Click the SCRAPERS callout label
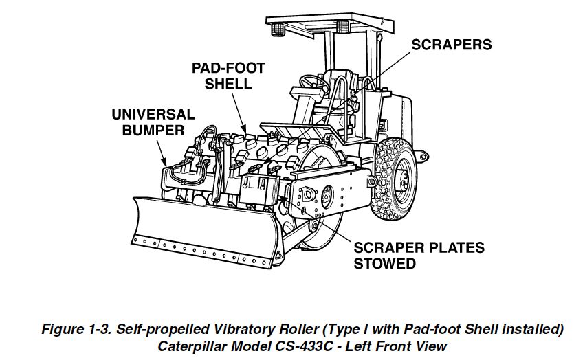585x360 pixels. [452, 45]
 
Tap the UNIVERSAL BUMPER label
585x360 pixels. [153, 122]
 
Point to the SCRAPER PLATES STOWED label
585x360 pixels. [419, 255]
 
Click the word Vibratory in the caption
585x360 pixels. [230, 329]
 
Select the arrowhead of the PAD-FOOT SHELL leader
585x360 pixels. [244, 128]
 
